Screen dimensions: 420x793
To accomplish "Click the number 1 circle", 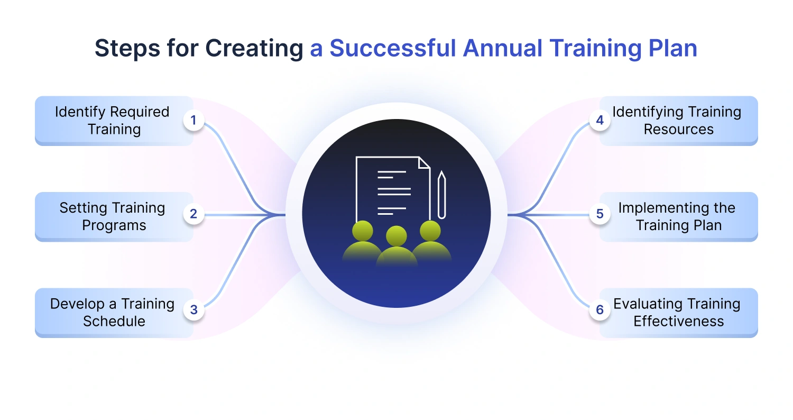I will click(x=193, y=121).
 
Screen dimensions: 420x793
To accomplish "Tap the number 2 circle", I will click(x=193, y=214).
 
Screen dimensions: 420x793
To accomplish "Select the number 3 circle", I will click(x=193, y=310).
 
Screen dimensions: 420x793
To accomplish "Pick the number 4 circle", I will click(x=600, y=121).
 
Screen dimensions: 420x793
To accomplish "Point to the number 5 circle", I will click(x=600, y=214).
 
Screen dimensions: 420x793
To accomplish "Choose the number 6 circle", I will click(x=600, y=310).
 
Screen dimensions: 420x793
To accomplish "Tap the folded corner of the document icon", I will click(x=424, y=162).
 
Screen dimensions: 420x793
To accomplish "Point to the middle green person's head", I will click(x=396, y=235).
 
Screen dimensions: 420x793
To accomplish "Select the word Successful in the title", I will click(x=392, y=48).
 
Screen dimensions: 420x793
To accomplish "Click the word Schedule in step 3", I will click(x=114, y=321).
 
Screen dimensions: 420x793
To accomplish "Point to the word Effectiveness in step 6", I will click(x=679, y=321).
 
